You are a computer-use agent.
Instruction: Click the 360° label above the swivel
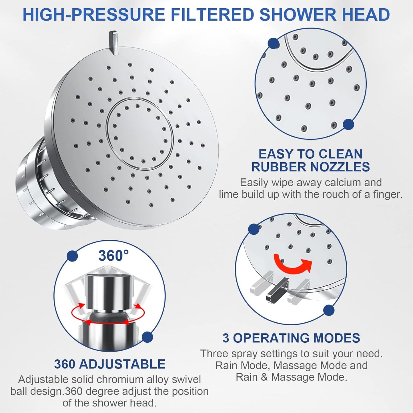point(113,256)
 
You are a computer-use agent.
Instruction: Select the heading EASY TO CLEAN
point(310,154)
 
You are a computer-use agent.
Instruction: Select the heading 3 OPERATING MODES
point(291,338)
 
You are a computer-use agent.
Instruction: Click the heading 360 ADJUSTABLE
point(110,364)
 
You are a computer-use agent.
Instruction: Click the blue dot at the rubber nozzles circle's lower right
point(348,124)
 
